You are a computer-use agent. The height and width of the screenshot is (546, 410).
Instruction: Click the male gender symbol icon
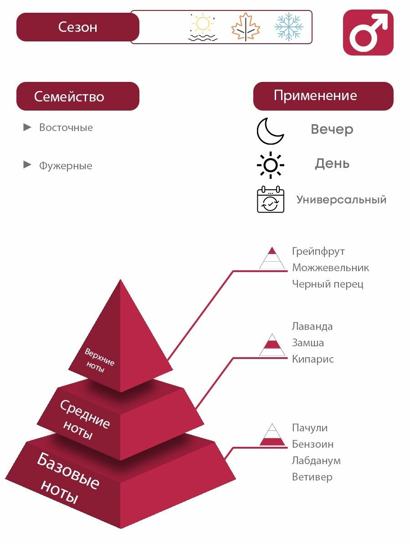click(368, 33)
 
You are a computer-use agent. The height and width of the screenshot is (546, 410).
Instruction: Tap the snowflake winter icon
click(288, 27)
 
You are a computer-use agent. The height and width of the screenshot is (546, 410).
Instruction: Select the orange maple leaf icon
click(246, 27)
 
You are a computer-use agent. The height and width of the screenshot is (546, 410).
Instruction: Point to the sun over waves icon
click(203, 27)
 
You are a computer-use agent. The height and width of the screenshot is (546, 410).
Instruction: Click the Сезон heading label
click(77, 27)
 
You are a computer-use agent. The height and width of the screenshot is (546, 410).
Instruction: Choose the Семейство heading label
click(69, 96)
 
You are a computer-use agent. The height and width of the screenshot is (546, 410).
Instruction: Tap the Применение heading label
click(315, 96)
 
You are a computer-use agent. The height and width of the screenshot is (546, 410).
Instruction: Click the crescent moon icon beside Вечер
click(270, 131)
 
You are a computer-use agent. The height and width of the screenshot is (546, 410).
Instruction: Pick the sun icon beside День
click(271, 165)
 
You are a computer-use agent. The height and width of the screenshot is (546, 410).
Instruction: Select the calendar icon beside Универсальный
click(271, 200)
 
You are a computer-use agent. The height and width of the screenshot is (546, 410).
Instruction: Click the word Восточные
click(66, 127)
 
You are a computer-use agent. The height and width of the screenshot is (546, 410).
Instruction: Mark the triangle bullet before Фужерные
click(28, 165)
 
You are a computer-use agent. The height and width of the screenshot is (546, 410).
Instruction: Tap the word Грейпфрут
click(318, 251)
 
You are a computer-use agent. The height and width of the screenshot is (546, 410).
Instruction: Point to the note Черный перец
click(328, 284)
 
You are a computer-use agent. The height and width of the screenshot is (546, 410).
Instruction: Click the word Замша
click(308, 343)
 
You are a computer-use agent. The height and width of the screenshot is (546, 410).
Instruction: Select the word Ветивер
click(312, 477)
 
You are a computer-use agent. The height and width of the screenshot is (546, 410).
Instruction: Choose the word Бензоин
click(313, 444)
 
